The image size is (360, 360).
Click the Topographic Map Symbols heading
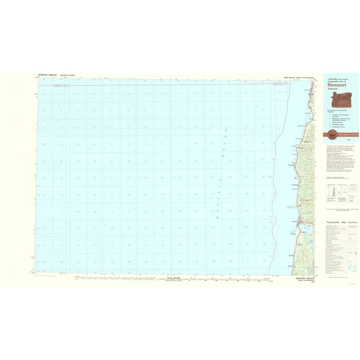341,222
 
